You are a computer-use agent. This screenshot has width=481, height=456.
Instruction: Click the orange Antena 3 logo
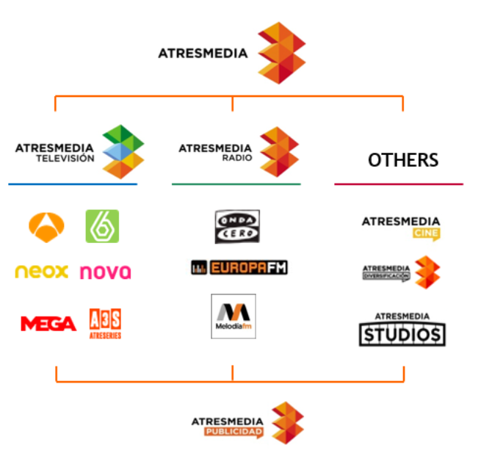coord(46,225)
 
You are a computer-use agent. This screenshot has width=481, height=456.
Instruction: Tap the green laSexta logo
coord(102,226)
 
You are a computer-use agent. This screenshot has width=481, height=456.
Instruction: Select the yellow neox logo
coord(42,271)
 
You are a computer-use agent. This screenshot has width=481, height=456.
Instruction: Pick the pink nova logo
coord(105,272)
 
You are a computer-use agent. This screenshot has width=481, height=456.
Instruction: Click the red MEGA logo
coord(48,323)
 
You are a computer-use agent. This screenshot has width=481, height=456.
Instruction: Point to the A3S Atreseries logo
coord(105,323)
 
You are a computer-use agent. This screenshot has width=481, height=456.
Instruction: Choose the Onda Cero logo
coord(236,226)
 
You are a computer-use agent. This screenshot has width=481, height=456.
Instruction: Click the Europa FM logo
coord(239,267)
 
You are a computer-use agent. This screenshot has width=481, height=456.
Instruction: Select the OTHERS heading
coord(403,160)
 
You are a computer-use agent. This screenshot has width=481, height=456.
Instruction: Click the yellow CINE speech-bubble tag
coord(426,234)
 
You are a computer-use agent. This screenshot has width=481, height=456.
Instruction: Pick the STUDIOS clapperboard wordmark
coord(402,334)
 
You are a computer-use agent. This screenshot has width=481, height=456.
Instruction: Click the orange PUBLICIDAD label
coord(234,433)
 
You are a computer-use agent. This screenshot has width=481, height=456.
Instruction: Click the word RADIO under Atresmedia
coord(237,158)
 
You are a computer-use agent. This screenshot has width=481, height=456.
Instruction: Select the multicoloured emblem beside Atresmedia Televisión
coord(123,151)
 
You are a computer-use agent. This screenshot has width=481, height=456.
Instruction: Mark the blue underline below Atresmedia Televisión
coord(73,184)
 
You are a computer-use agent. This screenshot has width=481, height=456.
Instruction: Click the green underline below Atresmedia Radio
coord(236,184)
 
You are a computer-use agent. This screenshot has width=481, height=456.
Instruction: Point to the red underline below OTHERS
coord(399,184)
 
